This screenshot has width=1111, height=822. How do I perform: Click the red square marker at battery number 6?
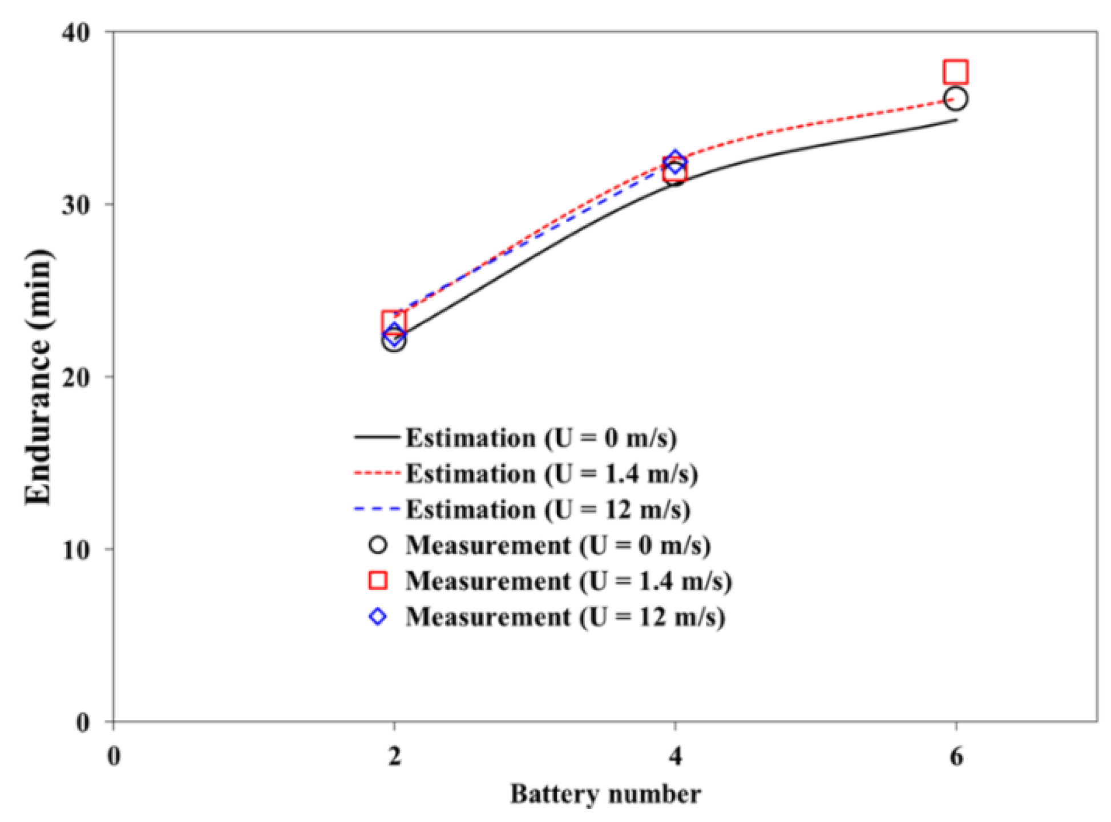[x=955, y=72]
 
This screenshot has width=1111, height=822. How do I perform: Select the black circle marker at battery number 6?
[x=955, y=99]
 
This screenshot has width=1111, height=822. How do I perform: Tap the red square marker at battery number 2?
[x=393, y=323]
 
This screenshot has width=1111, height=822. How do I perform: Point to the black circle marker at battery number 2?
[x=394, y=341]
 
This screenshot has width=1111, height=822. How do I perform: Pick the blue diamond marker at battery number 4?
[x=675, y=161]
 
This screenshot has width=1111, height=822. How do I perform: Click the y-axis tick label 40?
[x=76, y=33]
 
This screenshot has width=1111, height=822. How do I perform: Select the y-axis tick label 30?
[x=76, y=205]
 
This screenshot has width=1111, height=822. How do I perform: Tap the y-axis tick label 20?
[x=76, y=378]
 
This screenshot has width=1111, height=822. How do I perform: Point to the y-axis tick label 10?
[x=76, y=550]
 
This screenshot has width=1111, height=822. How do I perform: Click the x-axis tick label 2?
[x=394, y=756]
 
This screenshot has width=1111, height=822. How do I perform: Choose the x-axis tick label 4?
[x=675, y=756]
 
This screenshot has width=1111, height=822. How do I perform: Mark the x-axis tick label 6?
[x=956, y=756]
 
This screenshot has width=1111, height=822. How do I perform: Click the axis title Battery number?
[x=605, y=794]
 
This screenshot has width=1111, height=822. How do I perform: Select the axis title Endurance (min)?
[x=39, y=377]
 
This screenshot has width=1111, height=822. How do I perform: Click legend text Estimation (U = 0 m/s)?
[x=541, y=438]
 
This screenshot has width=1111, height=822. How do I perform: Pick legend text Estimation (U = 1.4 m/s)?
[x=551, y=474]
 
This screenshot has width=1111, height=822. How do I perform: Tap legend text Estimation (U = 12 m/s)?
[x=548, y=510]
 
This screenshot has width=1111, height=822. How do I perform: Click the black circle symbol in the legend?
[x=378, y=545]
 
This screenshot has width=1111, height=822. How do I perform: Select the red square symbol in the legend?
[x=378, y=581]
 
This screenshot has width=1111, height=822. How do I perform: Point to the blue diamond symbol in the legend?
[x=378, y=616]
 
